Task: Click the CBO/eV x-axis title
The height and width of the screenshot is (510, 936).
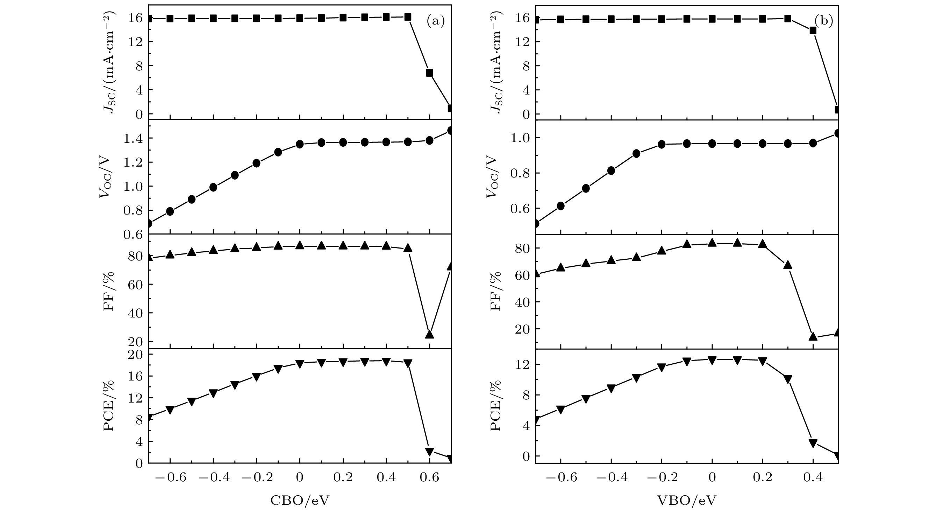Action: pyautogui.click(x=300, y=501)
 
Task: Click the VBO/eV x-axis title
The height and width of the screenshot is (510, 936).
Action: pyautogui.click(x=687, y=501)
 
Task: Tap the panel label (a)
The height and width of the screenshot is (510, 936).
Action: pyautogui.click(x=435, y=22)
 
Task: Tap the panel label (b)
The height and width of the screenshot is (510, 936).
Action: pyautogui.click(x=823, y=21)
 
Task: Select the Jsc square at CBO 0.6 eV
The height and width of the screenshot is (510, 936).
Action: pyautogui.click(x=429, y=73)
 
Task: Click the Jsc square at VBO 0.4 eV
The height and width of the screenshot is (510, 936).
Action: pyautogui.click(x=813, y=30)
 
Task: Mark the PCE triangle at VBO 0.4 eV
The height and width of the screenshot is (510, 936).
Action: pyautogui.click(x=813, y=443)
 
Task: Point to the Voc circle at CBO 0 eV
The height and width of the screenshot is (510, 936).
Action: pyautogui.click(x=300, y=144)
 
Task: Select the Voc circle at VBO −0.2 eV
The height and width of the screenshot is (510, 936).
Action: pyautogui.click(x=662, y=144)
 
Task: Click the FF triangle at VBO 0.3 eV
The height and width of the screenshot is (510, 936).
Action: pyautogui.click(x=788, y=265)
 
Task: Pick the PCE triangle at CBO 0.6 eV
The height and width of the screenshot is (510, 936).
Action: pyautogui.click(x=429, y=452)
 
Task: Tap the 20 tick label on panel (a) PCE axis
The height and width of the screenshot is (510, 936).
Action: pyautogui.click(x=135, y=354)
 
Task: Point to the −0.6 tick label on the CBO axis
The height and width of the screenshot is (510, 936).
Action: pyautogui.click(x=169, y=477)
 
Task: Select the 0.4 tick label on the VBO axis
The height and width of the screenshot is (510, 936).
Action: pyautogui.click(x=813, y=477)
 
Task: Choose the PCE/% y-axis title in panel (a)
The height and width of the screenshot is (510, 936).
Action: pyautogui.click(x=109, y=406)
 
